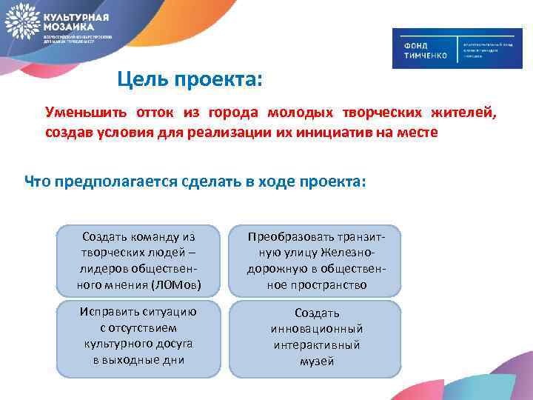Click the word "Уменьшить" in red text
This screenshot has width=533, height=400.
(83, 113)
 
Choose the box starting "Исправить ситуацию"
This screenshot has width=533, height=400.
(138, 335)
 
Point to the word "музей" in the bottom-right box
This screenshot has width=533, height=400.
(317, 361)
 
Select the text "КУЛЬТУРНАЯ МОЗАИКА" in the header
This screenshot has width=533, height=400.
(77, 19)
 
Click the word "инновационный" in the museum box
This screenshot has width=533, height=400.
(317, 329)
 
